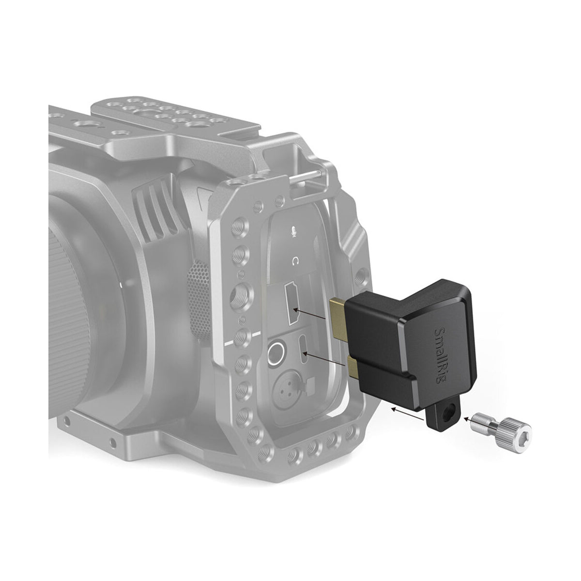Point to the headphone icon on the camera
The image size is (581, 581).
[x=295, y=262]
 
